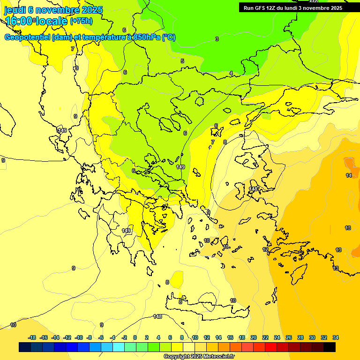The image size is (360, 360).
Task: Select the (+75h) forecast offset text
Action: [81, 21]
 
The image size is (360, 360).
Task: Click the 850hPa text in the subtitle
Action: [147, 37]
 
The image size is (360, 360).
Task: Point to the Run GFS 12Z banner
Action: [292, 7]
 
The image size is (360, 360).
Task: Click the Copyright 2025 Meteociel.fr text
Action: [199, 356]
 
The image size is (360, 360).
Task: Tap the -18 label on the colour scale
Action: [32, 337]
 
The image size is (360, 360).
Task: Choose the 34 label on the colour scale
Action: [335, 337]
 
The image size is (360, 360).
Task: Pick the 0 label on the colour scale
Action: [135, 337]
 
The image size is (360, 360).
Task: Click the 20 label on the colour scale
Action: [254, 337]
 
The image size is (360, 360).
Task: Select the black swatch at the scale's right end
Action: [330, 347]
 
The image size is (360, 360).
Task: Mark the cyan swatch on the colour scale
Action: [119, 347]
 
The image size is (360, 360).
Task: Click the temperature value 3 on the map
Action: [217, 39]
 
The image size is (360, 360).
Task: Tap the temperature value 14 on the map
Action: [349, 175]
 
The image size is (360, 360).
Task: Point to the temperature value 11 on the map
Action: [225, 247]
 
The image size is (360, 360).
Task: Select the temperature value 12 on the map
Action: [265, 250]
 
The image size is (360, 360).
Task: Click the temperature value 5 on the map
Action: [182, 61]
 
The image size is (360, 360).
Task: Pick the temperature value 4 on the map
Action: [231, 73]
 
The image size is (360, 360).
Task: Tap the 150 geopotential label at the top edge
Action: [314, 2]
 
